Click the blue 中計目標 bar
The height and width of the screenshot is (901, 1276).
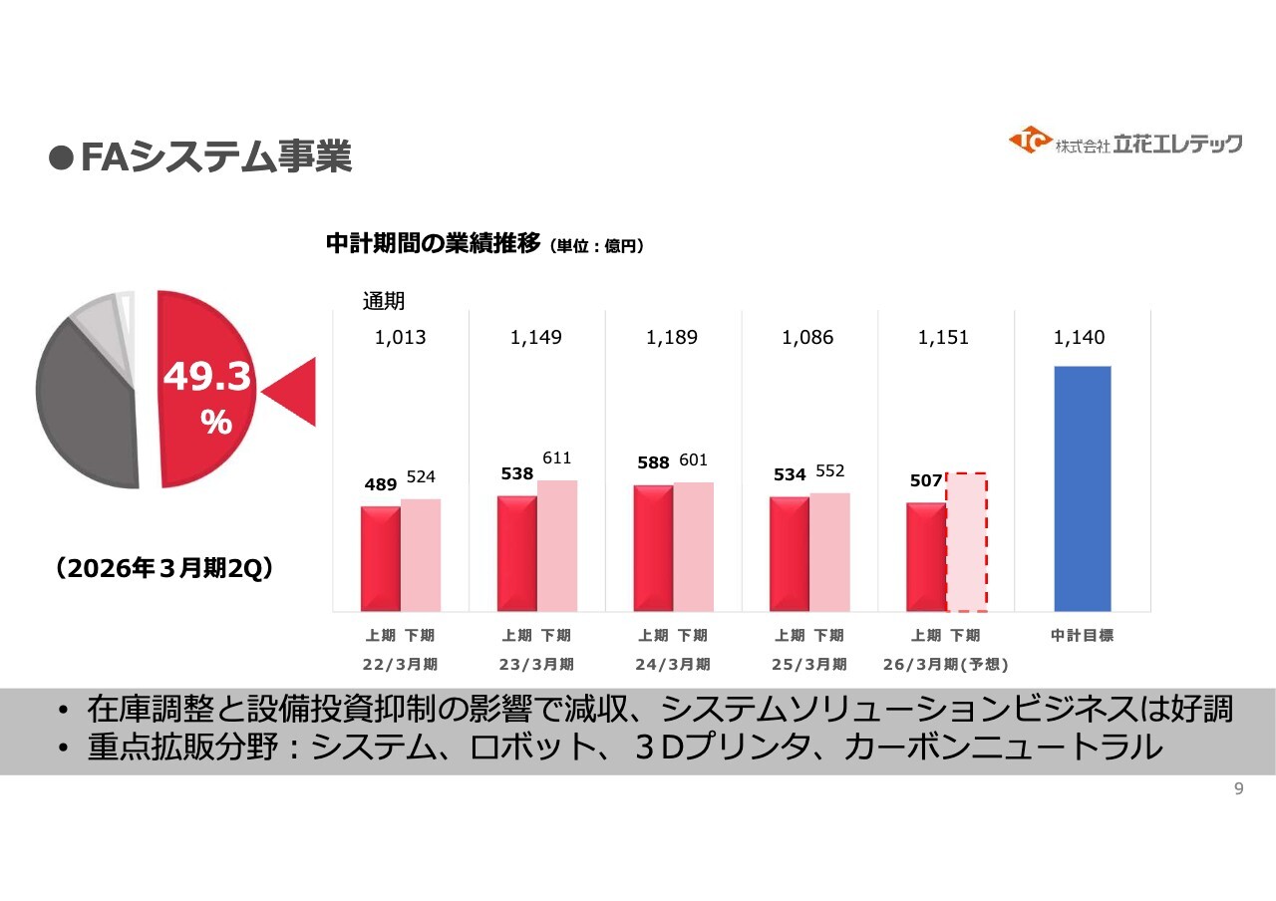(x=1082, y=488)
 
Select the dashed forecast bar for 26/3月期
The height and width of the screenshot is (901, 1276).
(x=966, y=542)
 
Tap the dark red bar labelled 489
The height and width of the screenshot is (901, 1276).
(x=380, y=558)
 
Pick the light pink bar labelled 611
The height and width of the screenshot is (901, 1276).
(x=557, y=545)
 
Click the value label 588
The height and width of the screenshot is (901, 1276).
(x=653, y=463)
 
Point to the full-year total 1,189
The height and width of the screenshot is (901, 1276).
(x=672, y=338)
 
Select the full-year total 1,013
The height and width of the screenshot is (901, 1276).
(x=400, y=338)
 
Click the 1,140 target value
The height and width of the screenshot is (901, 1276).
(x=1079, y=338)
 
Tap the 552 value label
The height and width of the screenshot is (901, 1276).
(x=830, y=470)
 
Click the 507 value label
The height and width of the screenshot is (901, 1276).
(x=926, y=481)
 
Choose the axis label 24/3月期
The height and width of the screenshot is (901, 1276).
(x=673, y=664)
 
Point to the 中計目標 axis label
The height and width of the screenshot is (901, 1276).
(x=1082, y=636)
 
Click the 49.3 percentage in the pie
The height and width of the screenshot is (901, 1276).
(x=207, y=377)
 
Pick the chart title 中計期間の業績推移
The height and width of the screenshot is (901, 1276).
(x=433, y=244)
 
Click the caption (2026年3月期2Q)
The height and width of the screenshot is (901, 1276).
(x=164, y=568)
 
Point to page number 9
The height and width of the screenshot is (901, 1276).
(x=1239, y=789)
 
